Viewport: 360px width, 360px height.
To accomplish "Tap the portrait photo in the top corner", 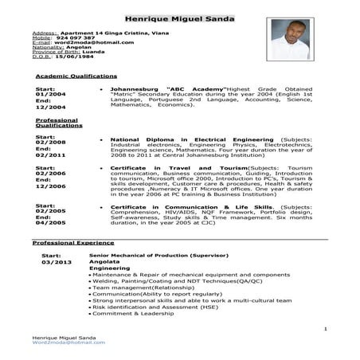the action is tap(291, 39).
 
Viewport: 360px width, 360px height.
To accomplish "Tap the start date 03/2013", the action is tap(57, 261).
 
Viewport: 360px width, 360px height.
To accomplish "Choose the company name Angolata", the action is tap(105, 261).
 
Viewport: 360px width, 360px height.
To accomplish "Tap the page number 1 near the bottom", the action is tap(327, 328).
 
